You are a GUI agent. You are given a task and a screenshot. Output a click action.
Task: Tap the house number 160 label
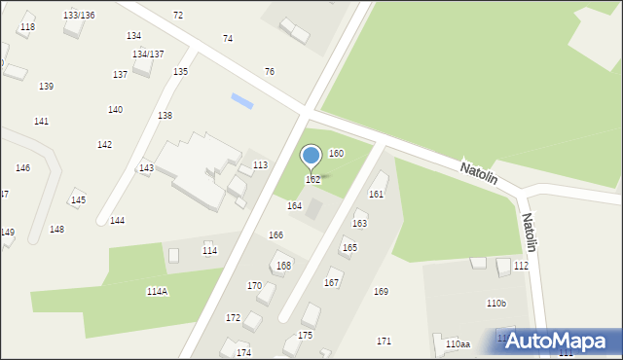coord(336,154)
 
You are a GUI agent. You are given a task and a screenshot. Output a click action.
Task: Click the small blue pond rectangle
coord(241,99)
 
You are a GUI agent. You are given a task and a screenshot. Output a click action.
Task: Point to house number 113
coord(260,165)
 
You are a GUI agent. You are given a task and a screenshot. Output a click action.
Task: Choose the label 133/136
coord(79,16)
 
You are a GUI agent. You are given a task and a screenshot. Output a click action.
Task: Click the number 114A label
coord(157,292)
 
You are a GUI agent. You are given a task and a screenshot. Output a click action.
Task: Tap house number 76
coord(270,72)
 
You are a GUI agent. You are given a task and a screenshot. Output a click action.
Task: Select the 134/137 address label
coord(148,54)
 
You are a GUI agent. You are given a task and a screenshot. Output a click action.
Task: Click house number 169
coord(381,292)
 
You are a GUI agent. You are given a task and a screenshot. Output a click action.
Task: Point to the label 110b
coord(496,304)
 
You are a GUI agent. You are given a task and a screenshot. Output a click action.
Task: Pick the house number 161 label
coord(376,195)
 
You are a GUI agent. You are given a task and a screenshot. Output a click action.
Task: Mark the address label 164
coord(294,206)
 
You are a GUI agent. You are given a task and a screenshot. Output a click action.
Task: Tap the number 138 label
coord(165,116)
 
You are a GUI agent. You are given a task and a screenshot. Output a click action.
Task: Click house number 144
coord(117,221)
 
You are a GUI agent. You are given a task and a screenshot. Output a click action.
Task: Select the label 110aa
coord(458,344)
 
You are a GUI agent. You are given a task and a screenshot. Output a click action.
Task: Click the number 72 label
coord(177,16)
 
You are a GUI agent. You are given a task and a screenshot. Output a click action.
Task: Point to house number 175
coord(306,335)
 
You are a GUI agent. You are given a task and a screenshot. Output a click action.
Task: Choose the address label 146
coord(22,168)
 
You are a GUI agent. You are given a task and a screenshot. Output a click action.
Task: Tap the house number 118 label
coord(27,27)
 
